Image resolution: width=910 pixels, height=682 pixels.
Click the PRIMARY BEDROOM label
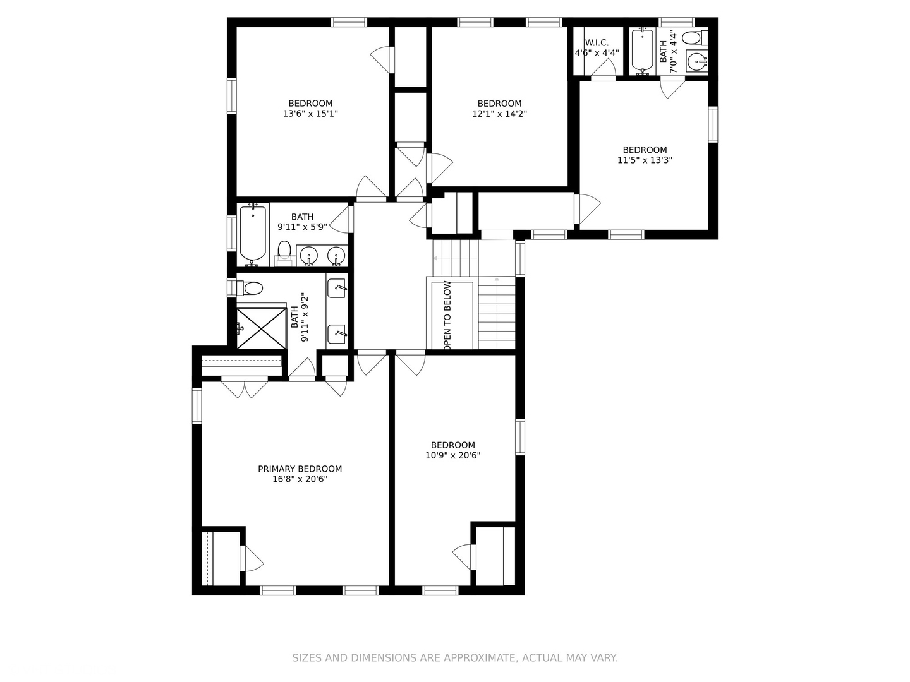pyautogui.click(x=300, y=469)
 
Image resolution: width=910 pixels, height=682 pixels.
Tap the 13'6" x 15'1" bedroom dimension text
pyautogui.click(x=310, y=114)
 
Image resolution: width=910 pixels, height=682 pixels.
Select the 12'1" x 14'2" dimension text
pyautogui.click(x=499, y=114)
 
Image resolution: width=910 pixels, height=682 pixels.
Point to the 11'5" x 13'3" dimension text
pyautogui.click(x=645, y=160)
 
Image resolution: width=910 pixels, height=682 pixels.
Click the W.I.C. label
pyautogui.click(x=597, y=42)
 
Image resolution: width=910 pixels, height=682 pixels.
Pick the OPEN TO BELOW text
pyautogui.click(x=447, y=316)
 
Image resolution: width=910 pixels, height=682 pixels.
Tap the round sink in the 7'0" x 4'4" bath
pyautogui.click(x=697, y=62)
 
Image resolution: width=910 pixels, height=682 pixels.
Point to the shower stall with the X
pyautogui.click(x=260, y=327)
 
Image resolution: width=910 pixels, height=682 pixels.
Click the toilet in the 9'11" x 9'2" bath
pyautogui.click(x=249, y=289)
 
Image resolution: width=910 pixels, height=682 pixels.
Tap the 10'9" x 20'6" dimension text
pyautogui.click(x=453, y=455)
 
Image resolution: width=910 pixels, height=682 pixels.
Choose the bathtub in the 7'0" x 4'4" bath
pyautogui.click(x=643, y=51)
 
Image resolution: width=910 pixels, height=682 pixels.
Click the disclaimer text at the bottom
pyautogui.click(x=454, y=658)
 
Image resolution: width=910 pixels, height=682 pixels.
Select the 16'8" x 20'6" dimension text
pyautogui.click(x=300, y=479)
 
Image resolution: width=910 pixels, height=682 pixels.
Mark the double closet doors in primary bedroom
pyautogui.click(x=245, y=386)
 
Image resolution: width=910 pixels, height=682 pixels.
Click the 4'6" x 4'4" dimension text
pyautogui.click(x=597, y=53)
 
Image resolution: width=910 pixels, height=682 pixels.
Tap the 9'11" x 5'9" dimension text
pyautogui.click(x=302, y=227)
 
